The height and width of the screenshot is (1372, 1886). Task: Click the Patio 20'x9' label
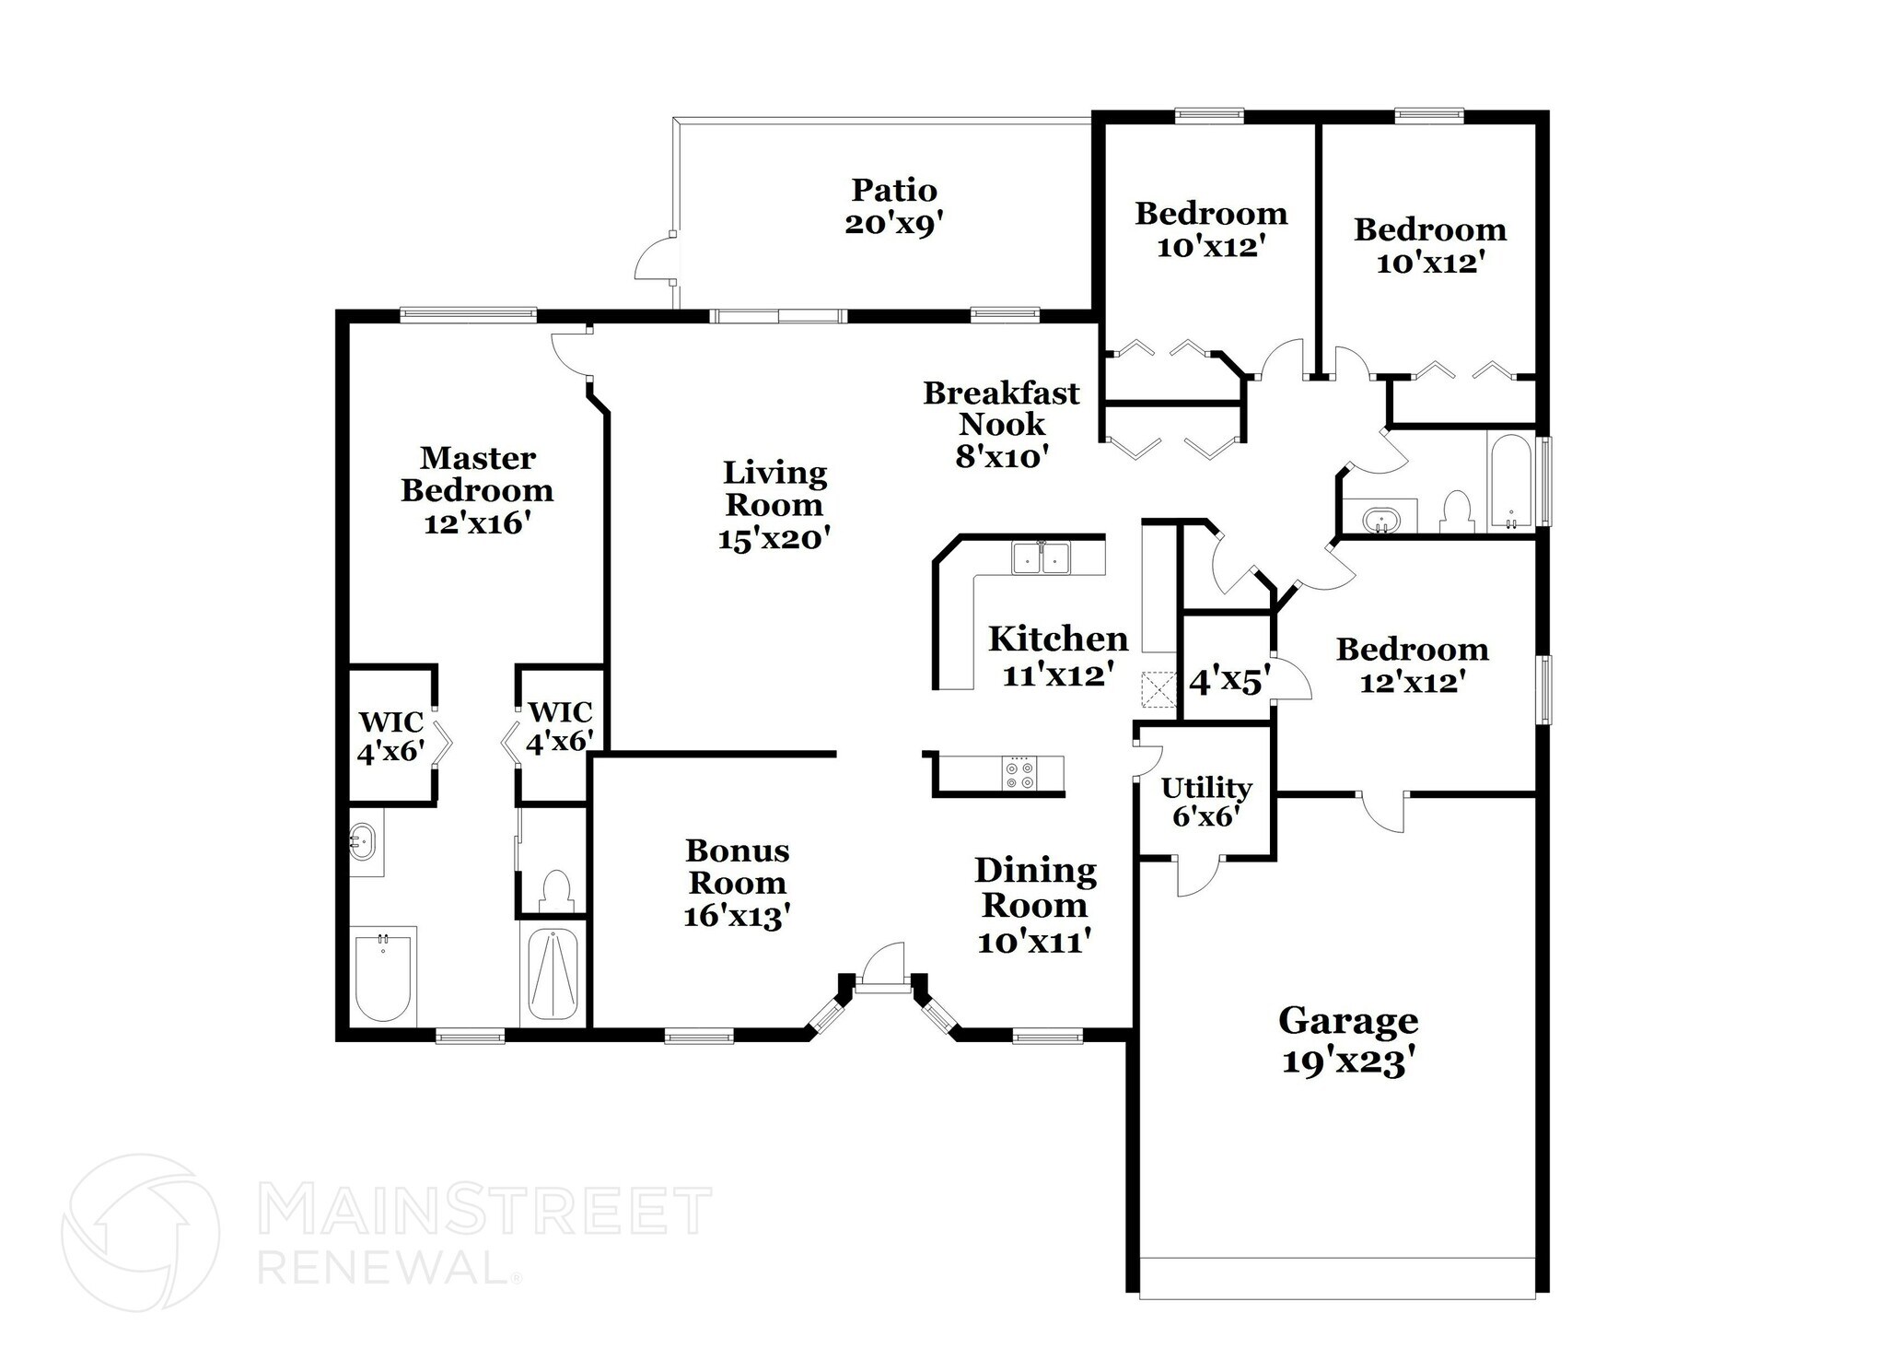[893, 206]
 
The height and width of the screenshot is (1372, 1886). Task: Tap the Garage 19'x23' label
[1347, 1040]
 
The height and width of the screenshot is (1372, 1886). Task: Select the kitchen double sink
[1041, 558]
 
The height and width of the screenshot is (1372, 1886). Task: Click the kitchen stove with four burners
[1020, 772]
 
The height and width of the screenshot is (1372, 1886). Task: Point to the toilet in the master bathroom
[556, 889]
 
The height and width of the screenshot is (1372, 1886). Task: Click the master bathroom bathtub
[384, 978]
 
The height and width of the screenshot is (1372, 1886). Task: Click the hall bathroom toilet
[1456, 511]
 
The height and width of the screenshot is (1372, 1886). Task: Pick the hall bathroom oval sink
[1379, 519]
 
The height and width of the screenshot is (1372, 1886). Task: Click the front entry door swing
[882, 967]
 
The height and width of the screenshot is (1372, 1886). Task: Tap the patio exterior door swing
[655, 257]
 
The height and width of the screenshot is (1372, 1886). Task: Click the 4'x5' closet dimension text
[1229, 682]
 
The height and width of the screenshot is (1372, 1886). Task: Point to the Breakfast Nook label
[1001, 424]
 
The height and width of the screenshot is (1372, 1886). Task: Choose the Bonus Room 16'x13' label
[737, 883]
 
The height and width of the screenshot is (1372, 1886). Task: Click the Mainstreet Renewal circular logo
[140, 1233]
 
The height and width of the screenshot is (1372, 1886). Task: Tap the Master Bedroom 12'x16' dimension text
[477, 523]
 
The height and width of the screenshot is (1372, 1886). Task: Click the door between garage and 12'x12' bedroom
[1382, 808]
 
